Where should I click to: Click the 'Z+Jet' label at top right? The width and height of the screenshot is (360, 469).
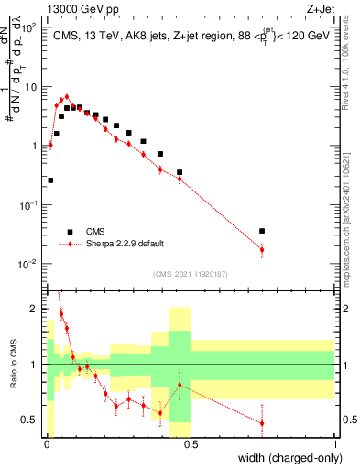pos(319,8)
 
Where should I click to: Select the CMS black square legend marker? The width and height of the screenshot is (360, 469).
pos(69,232)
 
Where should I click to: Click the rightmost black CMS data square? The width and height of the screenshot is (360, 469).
pos(262,231)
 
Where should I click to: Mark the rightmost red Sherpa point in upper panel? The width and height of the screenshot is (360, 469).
pos(262,249)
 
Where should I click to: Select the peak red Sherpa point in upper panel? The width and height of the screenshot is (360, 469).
pos(66,95)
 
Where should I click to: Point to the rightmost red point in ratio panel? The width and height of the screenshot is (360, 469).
pos(262,423)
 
